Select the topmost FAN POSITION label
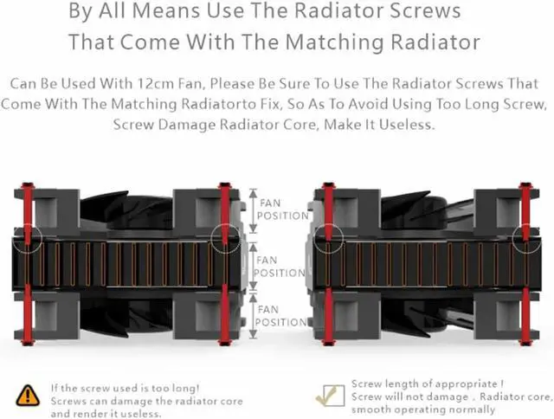click(281, 209)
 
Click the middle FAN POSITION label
click(281, 266)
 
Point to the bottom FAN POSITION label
click(281, 315)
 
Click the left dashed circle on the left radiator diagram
click(29, 237)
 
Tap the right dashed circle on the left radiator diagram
click(226, 237)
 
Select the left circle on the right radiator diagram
click(328, 237)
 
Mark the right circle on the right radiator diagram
click(526, 237)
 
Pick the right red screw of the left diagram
click(226, 260)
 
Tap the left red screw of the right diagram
click(328, 260)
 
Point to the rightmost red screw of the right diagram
click(526, 260)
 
